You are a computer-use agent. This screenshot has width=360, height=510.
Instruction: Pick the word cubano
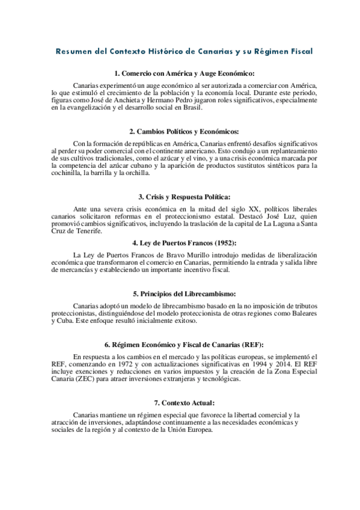coord(190,165)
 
